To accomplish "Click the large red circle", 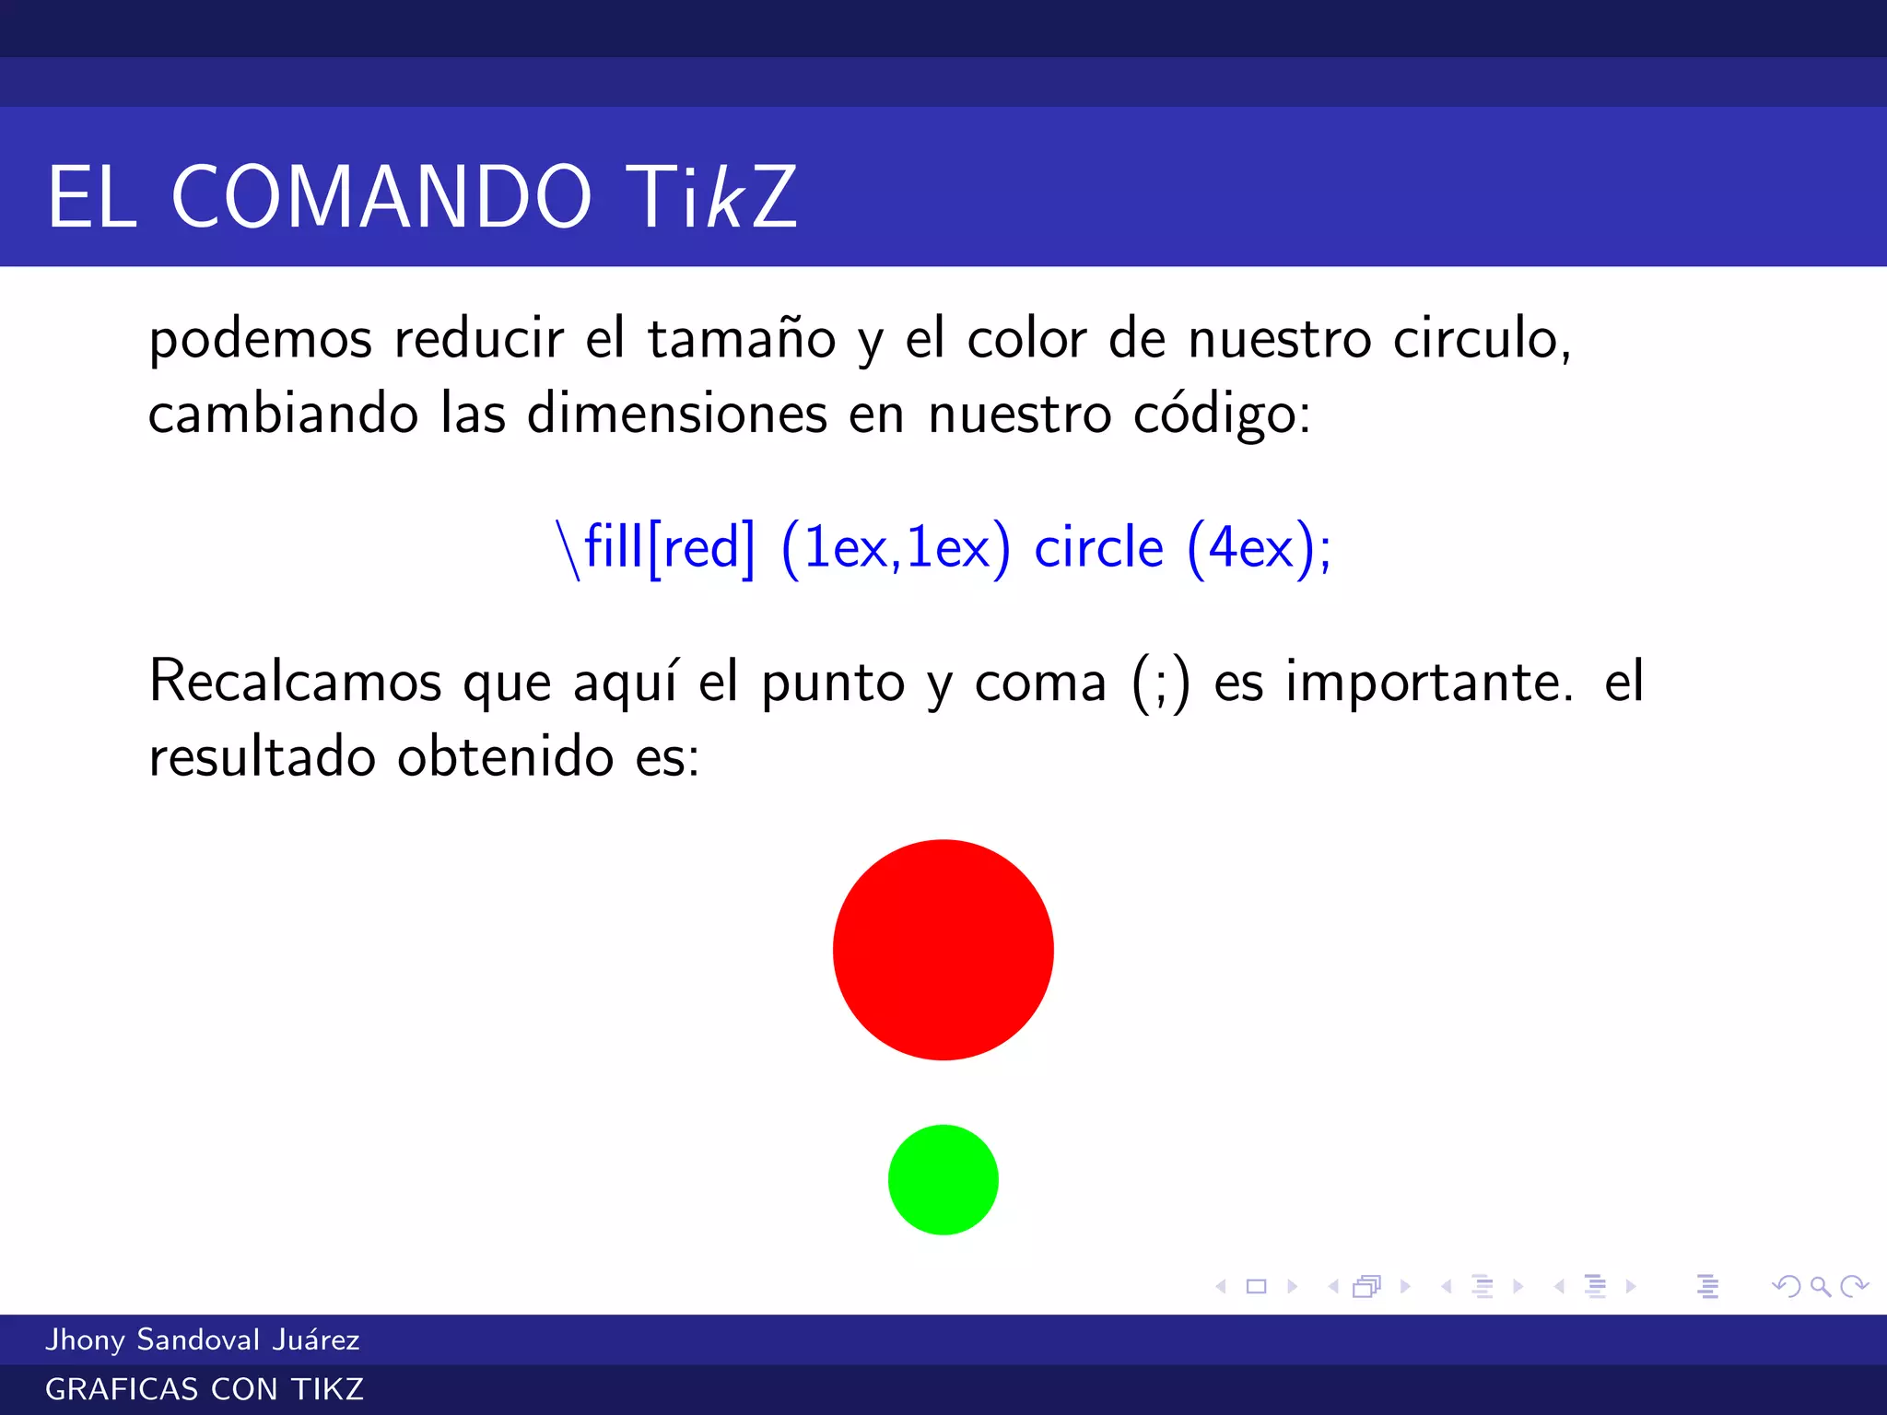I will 943,950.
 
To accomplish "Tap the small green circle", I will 943,1179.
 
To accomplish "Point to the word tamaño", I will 742,339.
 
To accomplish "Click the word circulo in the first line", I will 1481,339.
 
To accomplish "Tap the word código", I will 1221,415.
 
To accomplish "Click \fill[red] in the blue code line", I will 655,548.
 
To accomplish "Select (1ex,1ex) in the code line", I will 895,548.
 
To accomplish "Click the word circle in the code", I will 1098,548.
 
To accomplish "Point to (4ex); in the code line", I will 1259,548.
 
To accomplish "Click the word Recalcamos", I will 295,682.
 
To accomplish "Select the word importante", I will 1429,682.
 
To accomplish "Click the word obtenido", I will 505,757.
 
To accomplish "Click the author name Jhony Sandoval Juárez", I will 203,1339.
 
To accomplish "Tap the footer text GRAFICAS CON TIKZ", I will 205,1389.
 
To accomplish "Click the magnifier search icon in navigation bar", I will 1820,1286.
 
